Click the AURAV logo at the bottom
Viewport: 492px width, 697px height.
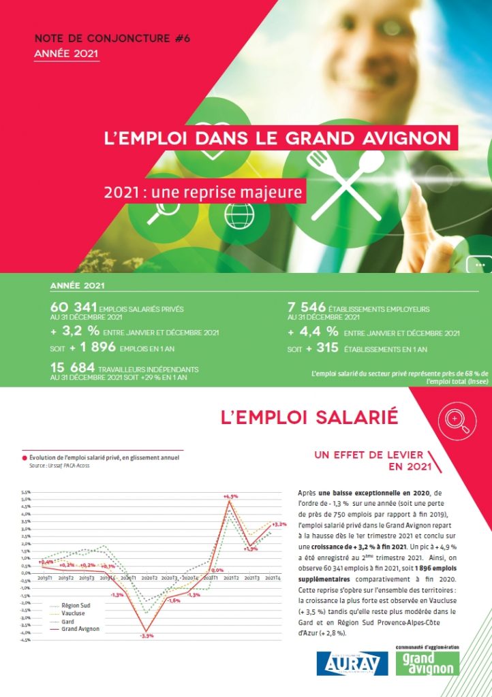click(352, 663)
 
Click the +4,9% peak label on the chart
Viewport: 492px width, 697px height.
click(230, 497)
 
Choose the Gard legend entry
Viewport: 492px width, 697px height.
click(67, 621)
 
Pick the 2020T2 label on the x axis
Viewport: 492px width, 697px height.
click(149, 577)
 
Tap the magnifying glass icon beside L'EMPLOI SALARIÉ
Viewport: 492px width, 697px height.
click(455, 421)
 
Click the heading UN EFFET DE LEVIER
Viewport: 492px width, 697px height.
click(369, 455)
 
